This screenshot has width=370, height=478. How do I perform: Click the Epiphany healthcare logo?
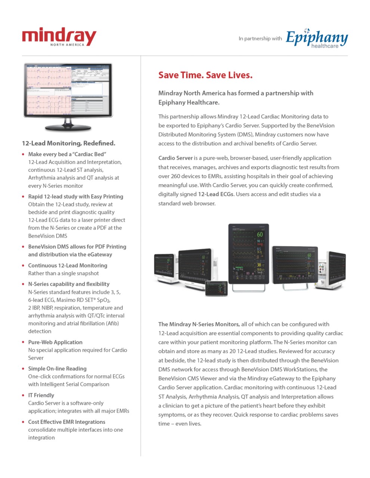pyautogui.click(x=317, y=38)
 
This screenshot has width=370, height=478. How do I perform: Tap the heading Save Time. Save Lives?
pyautogui.click(x=205, y=75)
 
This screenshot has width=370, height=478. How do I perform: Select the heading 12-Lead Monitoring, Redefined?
pyautogui.click(x=68, y=143)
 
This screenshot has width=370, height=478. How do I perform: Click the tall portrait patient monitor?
pyautogui.click(x=249, y=254)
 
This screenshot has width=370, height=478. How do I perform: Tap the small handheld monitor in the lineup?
pyautogui.click(x=216, y=288)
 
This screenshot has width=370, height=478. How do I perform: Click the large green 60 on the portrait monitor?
pyautogui.click(x=260, y=235)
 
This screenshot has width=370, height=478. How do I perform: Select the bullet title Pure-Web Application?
pyautogui.click(x=55, y=342)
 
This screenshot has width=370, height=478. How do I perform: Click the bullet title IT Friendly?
pyautogui.click(x=41, y=395)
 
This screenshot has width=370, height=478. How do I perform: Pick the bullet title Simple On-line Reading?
pyautogui.click(x=57, y=369)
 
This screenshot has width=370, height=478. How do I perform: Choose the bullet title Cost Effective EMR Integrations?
pyautogui.click(x=67, y=422)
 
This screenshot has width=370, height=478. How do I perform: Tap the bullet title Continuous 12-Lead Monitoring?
pyautogui.click(x=68, y=266)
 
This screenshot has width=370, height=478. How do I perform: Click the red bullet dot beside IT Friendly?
pyautogui.click(x=24, y=395)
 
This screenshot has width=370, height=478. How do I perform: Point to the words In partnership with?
pyautogui.click(x=260, y=38)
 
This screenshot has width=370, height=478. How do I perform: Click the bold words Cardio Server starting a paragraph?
pyautogui.click(x=175, y=158)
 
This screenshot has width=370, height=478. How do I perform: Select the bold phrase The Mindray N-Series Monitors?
pyautogui.click(x=199, y=324)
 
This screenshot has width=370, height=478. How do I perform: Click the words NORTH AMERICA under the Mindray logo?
pyautogui.click(x=67, y=45)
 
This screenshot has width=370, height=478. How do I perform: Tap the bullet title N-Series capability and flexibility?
pyautogui.click(x=69, y=284)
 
